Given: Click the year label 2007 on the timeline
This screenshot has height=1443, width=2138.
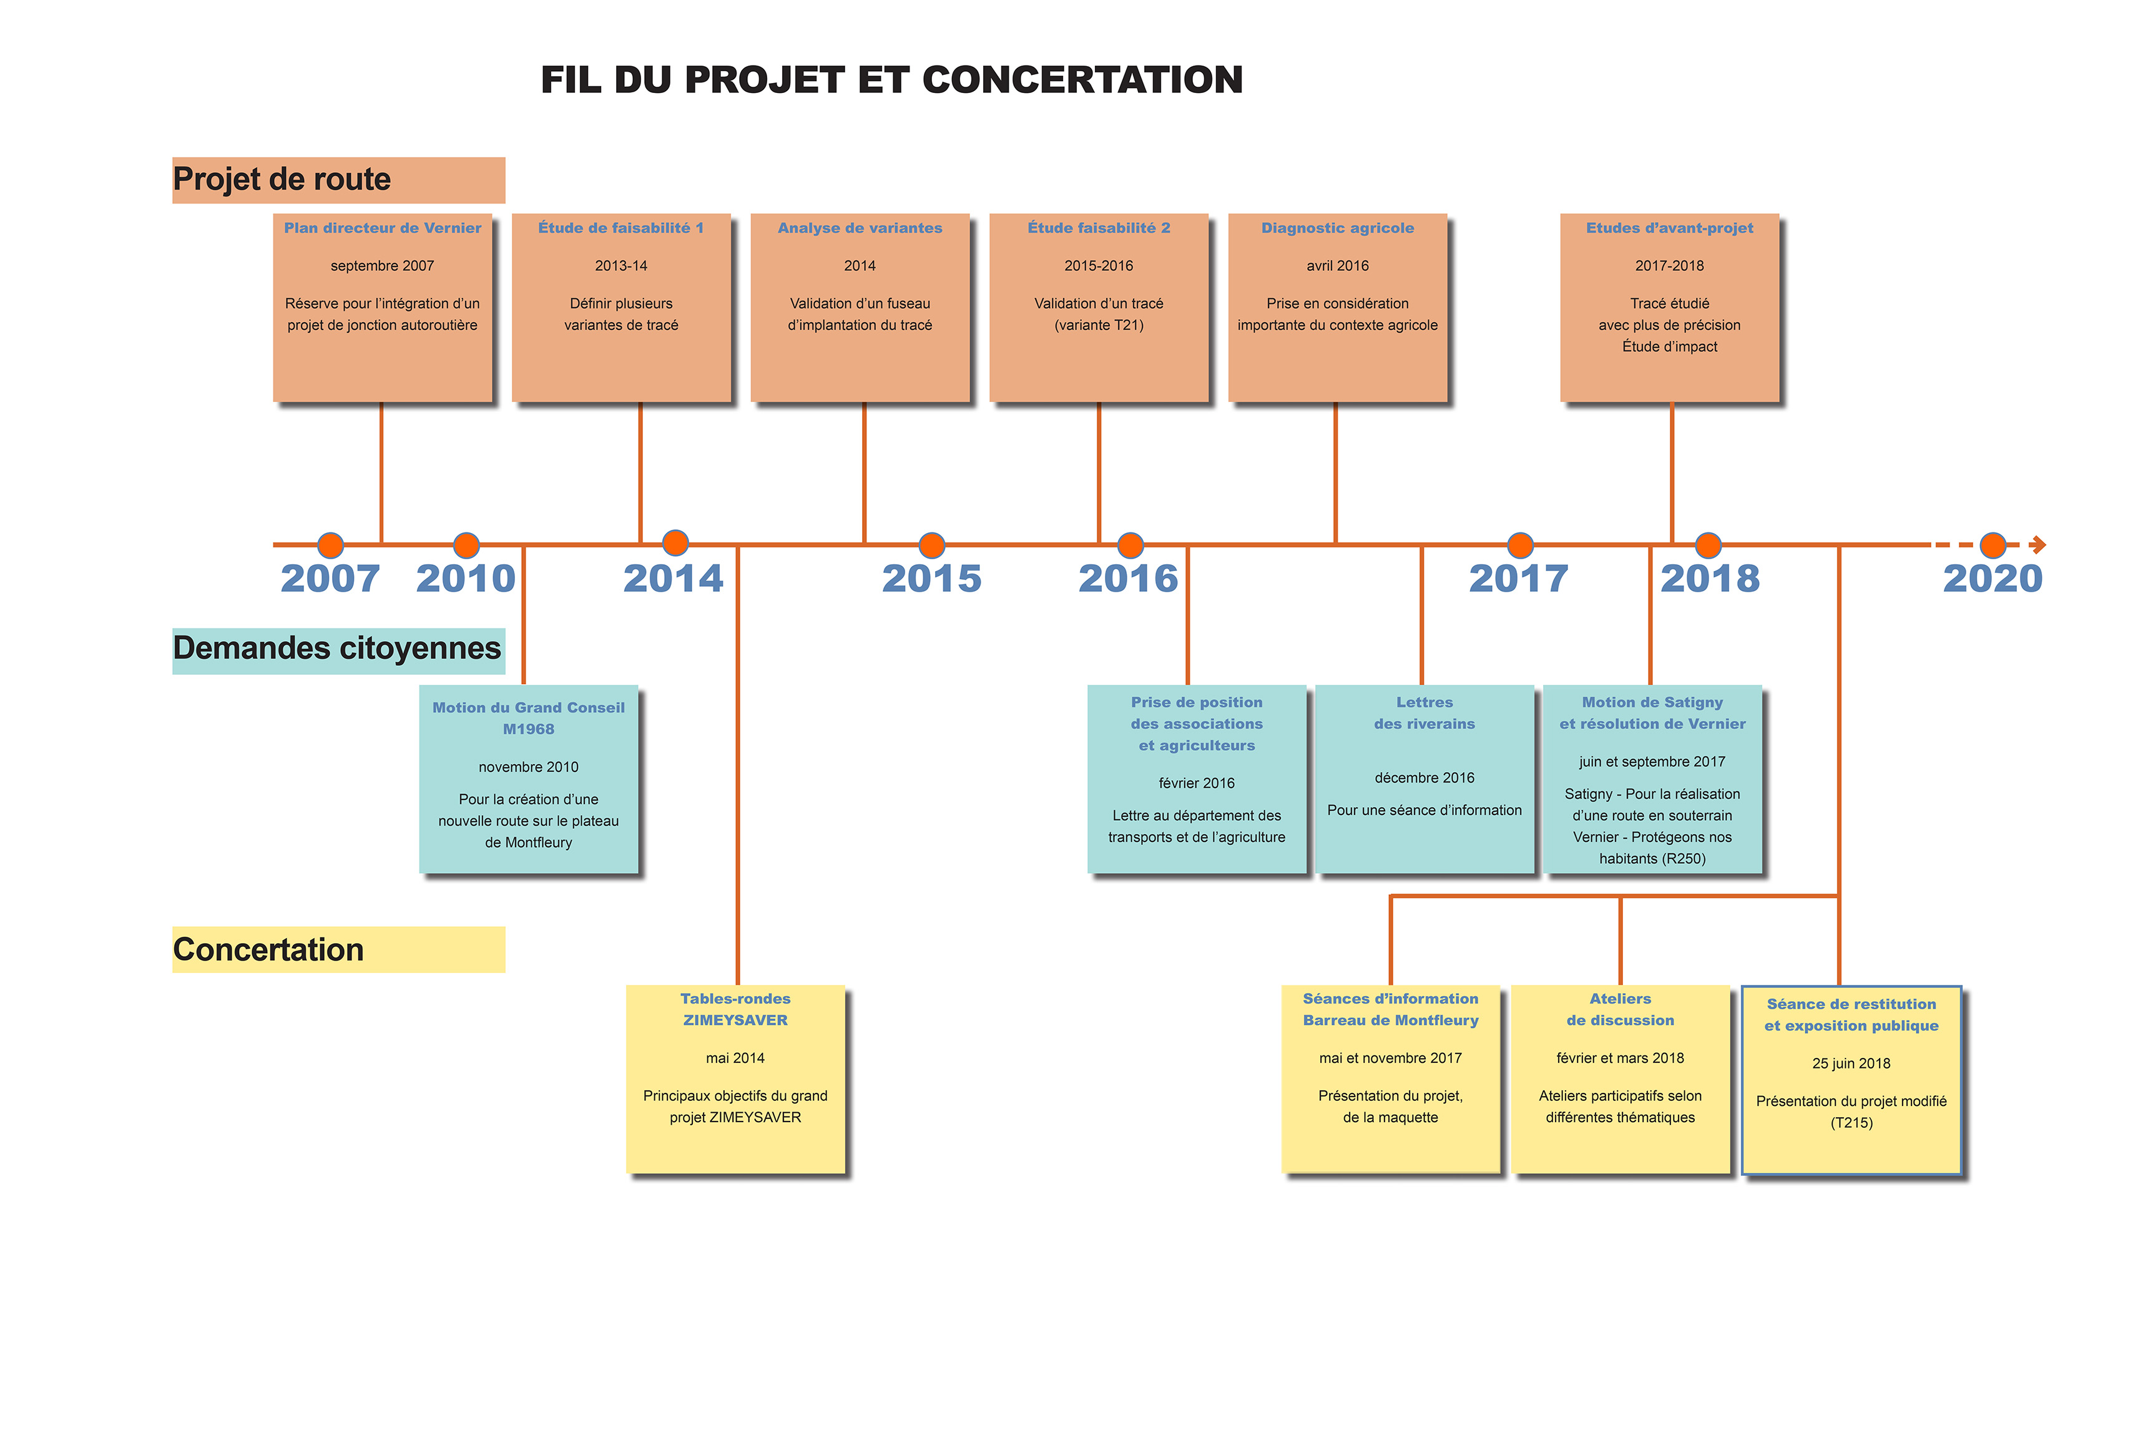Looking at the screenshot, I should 330,579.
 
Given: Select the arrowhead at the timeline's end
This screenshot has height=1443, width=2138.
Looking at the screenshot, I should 2039,544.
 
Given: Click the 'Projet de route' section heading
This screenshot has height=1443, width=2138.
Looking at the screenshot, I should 282,179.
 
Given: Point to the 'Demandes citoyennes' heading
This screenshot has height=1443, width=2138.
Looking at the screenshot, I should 336,648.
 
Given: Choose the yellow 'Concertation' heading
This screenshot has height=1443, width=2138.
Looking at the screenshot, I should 268,949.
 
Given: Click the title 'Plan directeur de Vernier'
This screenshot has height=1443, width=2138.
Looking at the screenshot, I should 382,228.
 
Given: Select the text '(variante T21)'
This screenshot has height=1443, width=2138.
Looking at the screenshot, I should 1099,325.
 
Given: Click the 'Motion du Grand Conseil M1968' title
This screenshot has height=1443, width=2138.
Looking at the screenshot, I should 528,718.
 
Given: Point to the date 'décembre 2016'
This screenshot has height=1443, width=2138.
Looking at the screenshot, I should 1424,778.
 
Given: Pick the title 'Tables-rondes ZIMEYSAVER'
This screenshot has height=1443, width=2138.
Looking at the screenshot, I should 735,1009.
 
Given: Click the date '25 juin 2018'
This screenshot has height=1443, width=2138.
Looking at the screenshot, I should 1851,1063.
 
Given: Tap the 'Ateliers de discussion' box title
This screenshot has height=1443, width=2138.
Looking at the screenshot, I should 1620,1009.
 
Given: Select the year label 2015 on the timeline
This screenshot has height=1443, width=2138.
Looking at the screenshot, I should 931,579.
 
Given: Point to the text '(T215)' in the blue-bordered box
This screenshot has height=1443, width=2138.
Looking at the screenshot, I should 1851,1122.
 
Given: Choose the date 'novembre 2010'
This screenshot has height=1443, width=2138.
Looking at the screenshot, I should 528,767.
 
